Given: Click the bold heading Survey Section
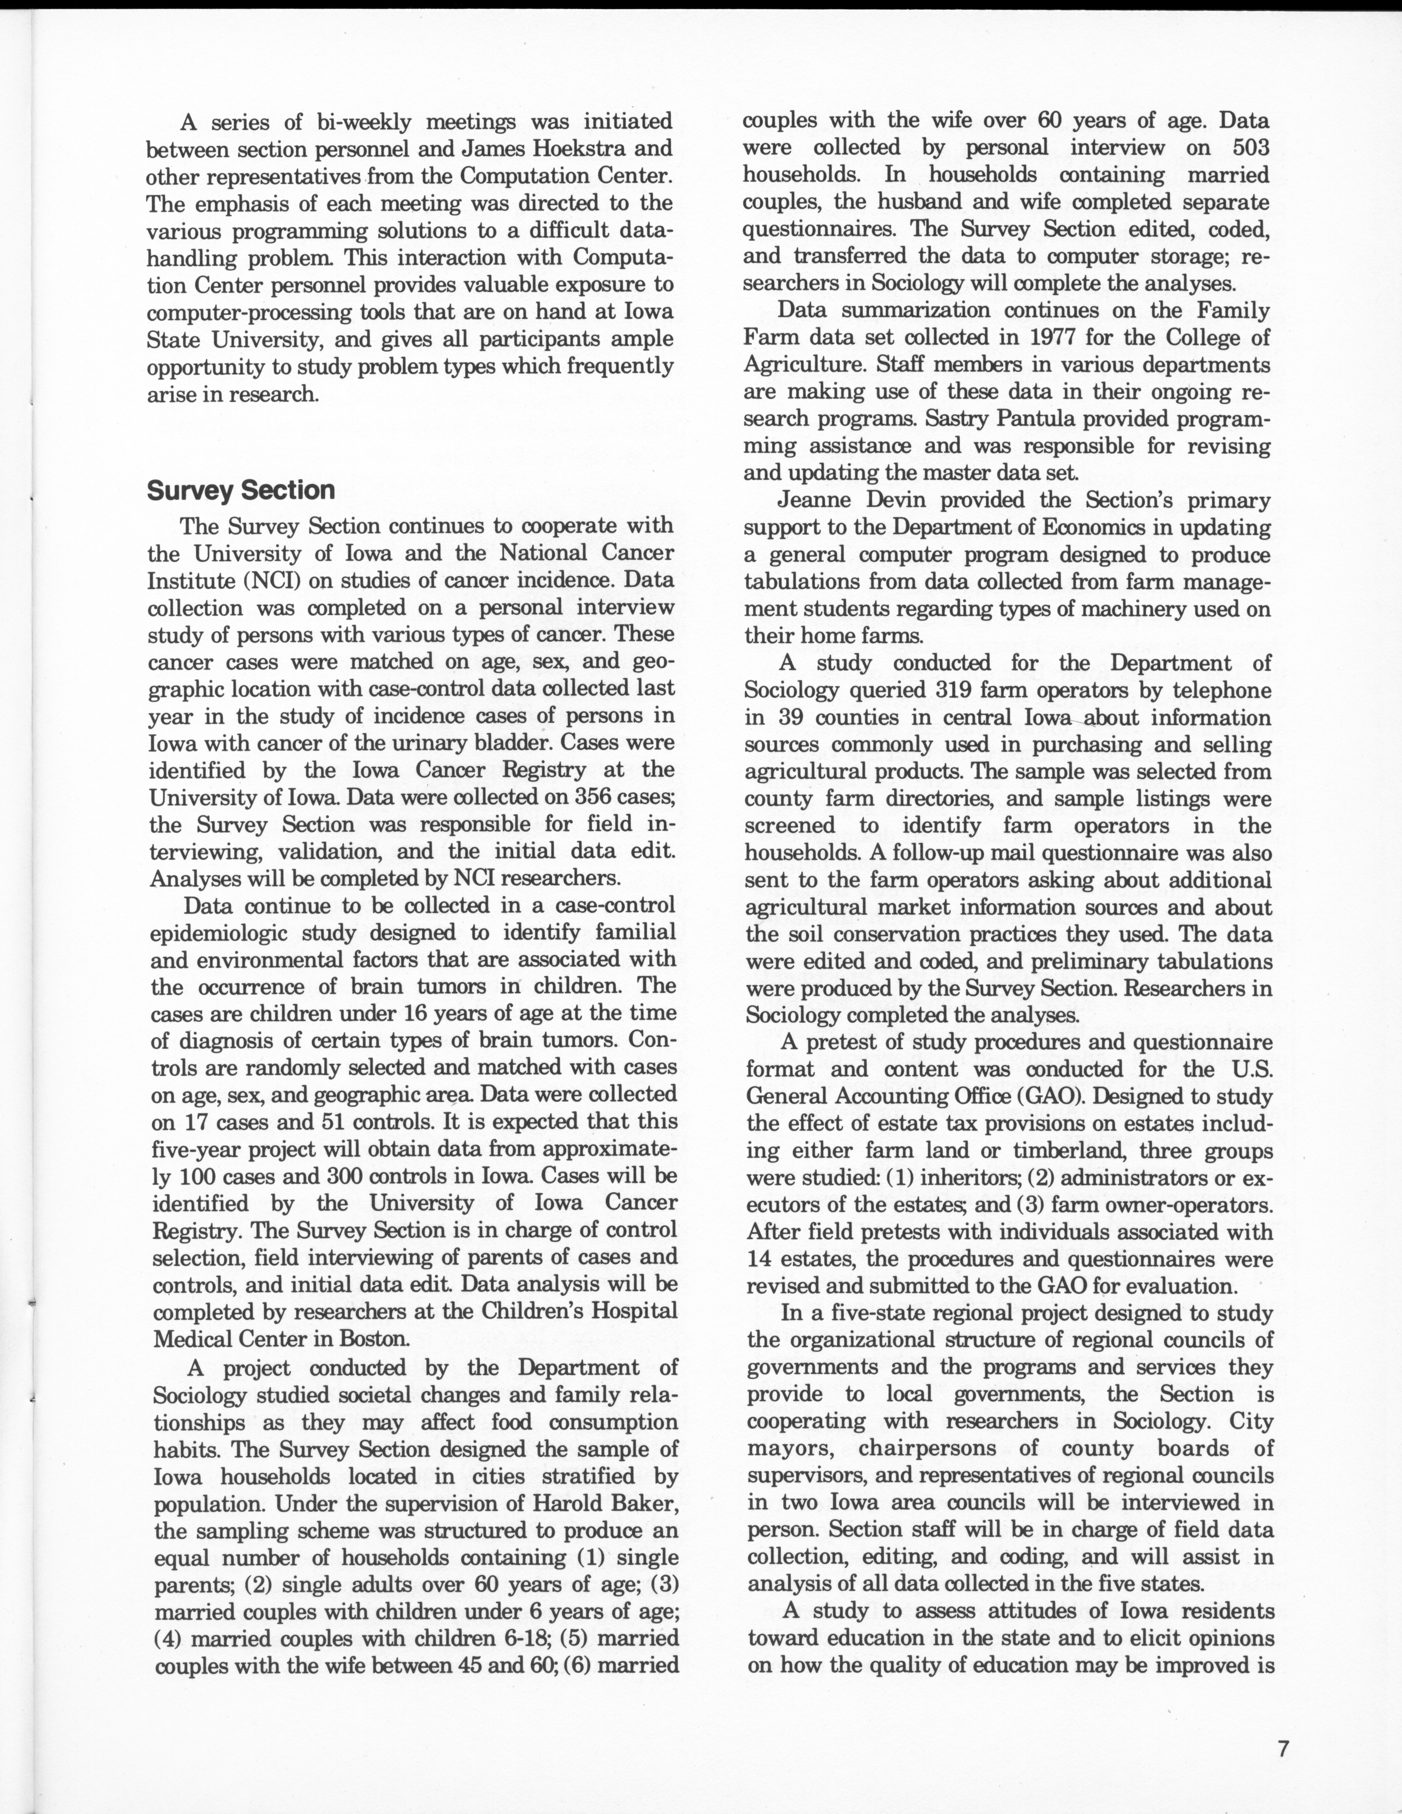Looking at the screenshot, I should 241,490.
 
